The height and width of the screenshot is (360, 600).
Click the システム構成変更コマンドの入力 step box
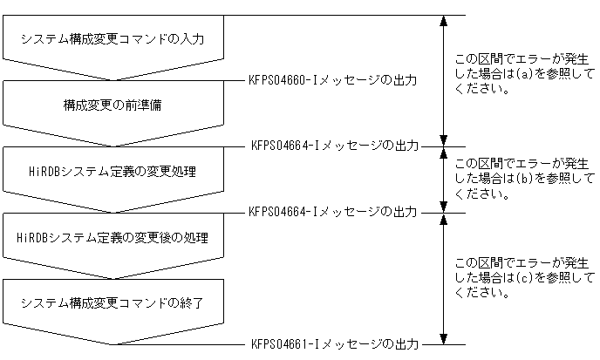point(119,40)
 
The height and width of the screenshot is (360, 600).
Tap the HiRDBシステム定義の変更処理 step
point(119,172)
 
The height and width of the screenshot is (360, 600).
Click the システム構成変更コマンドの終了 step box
point(119,302)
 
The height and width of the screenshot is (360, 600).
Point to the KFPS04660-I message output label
point(332,80)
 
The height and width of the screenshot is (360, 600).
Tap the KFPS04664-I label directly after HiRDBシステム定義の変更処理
point(332,211)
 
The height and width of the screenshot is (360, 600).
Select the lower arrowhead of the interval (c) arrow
point(444,337)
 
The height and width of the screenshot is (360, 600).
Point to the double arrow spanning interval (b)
point(444,179)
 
